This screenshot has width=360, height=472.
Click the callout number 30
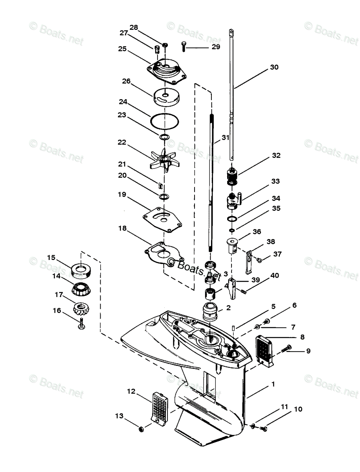tap(274, 67)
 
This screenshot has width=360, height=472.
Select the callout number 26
tap(126, 81)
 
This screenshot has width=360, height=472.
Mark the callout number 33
tap(276, 181)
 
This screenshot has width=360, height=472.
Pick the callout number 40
tap(274, 276)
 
